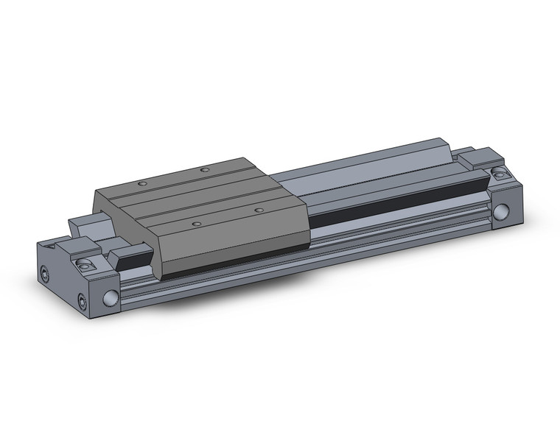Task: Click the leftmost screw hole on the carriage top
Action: [144, 183]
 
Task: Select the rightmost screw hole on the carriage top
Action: [259, 210]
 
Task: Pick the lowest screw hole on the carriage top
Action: [196, 223]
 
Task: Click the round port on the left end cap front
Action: [111, 297]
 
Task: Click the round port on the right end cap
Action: [503, 213]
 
